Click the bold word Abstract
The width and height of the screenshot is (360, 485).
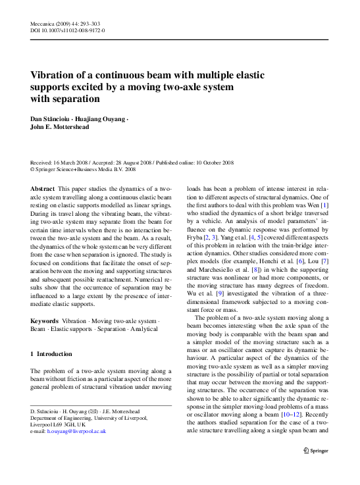point(43,188)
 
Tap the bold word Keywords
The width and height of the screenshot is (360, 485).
point(45,320)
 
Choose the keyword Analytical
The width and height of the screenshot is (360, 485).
point(148,329)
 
